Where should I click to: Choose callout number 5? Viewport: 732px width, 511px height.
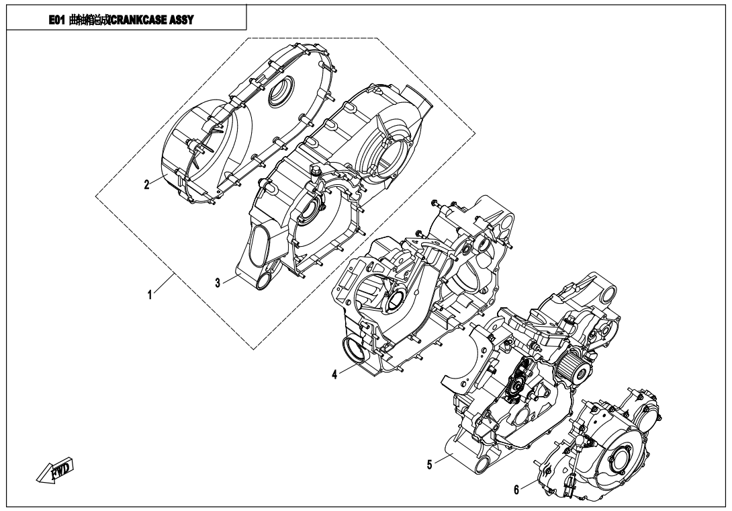click(x=429, y=463)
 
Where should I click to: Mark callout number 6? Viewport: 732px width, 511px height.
click(x=516, y=489)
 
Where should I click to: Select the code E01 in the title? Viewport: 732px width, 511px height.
click(x=57, y=20)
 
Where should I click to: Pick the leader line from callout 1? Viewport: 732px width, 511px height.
click(x=164, y=281)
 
